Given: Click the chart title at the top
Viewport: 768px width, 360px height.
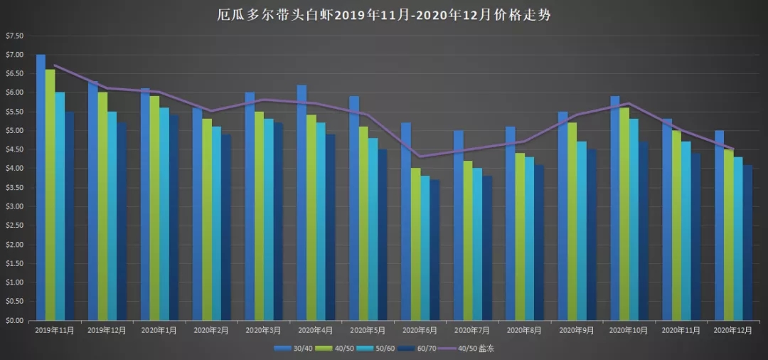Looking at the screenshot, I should (384, 15).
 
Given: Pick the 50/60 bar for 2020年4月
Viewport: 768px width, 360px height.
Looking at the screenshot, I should (321, 221).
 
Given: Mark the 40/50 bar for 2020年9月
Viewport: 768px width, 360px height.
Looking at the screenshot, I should (572, 221).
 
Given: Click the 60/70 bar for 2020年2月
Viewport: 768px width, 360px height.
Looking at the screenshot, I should (225, 227).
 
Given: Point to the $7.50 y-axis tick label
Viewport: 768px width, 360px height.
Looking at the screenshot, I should (14, 36).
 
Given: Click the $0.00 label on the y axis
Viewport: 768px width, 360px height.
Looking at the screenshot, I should (14, 320).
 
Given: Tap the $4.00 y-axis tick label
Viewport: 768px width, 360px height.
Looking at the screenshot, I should (14, 169).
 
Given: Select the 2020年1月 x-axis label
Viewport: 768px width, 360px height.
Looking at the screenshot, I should (159, 330).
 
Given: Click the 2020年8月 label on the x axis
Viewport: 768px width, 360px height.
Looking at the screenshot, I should (524, 330).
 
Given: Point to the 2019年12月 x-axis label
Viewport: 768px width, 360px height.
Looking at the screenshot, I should (107, 330).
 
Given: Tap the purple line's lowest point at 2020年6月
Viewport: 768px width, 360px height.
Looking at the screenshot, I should (420, 157).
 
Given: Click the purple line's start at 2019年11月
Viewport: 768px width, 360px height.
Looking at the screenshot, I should (55, 65).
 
